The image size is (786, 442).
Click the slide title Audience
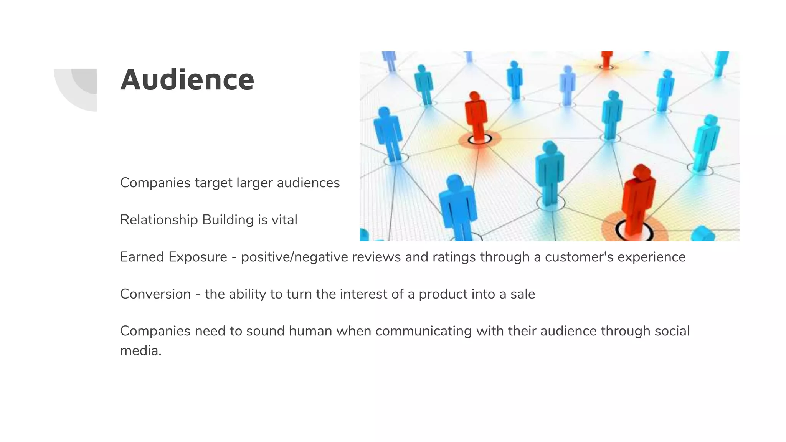pyautogui.click(x=187, y=80)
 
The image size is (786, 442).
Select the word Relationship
pyautogui.click(x=159, y=220)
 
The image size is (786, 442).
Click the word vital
pyautogui.click(x=284, y=220)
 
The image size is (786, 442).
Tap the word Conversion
pyautogui.click(x=155, y=294)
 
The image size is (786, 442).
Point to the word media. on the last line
pyautogui.click(x=140, y=351)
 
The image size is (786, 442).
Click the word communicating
pyautogui.click(x=423, y=331)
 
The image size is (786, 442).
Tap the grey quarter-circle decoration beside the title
pyautogui.click(x=79, y=88)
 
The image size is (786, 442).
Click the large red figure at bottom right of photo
pyautogui.click(x=637, y=200)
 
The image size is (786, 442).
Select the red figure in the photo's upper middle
pyautogui.click(x=476, y=115)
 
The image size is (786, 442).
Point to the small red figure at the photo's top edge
pyautogui.click(x=606, y=58)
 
